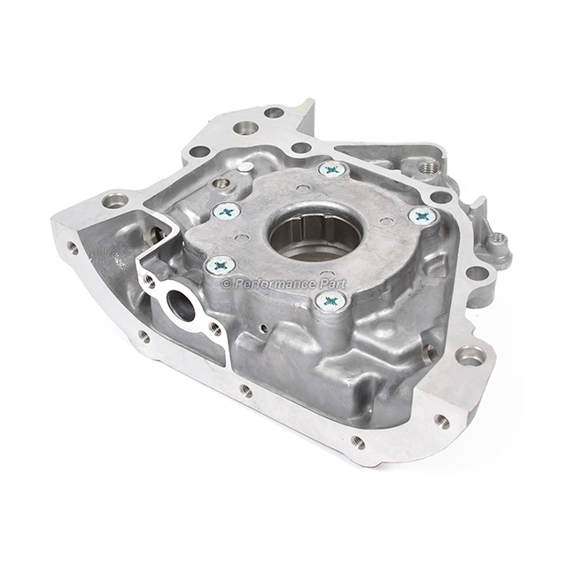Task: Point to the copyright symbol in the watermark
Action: click(x=227, y=284)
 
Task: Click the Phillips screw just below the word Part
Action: click(x=330, y=300)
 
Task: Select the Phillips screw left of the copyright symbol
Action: click(x=220, y=266)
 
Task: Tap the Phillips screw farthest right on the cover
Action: click(x=422, y=216)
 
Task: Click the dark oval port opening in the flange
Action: click(x=181, y=306)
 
